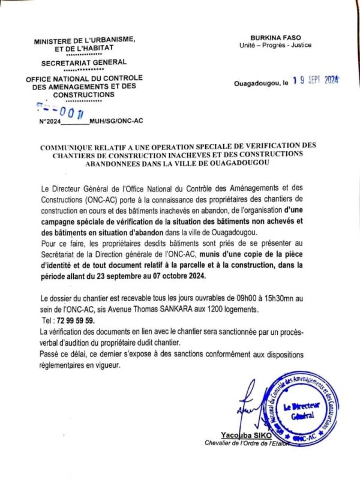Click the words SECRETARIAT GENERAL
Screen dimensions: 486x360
84,62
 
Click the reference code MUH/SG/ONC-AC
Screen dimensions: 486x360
115,121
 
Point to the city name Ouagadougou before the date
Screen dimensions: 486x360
256,84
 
